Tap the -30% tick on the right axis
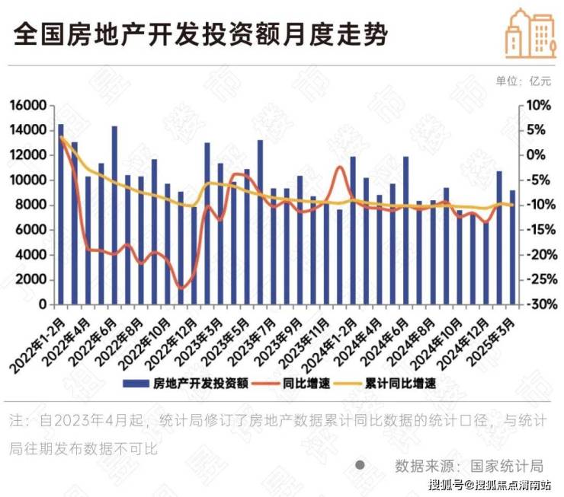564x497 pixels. [x=537, y=304]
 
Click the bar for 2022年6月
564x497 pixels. [x=114, y=215]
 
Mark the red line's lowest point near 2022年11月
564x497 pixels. [x=181, y=288]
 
